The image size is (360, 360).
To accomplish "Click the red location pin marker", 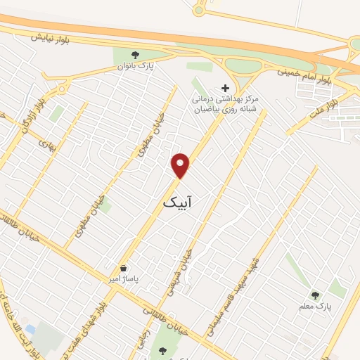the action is (x=181, y=165).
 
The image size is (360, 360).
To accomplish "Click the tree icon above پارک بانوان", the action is (x=136, y=54).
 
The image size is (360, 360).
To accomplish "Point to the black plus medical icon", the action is (x=225, y=88).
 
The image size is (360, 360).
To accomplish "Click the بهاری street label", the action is (x=46, y=146).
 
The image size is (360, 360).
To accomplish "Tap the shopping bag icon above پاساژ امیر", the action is (x=124, y=268).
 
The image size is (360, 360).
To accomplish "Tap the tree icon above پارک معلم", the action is (x=316, y=295).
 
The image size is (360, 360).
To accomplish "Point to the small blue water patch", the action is (x=30, y=328).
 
